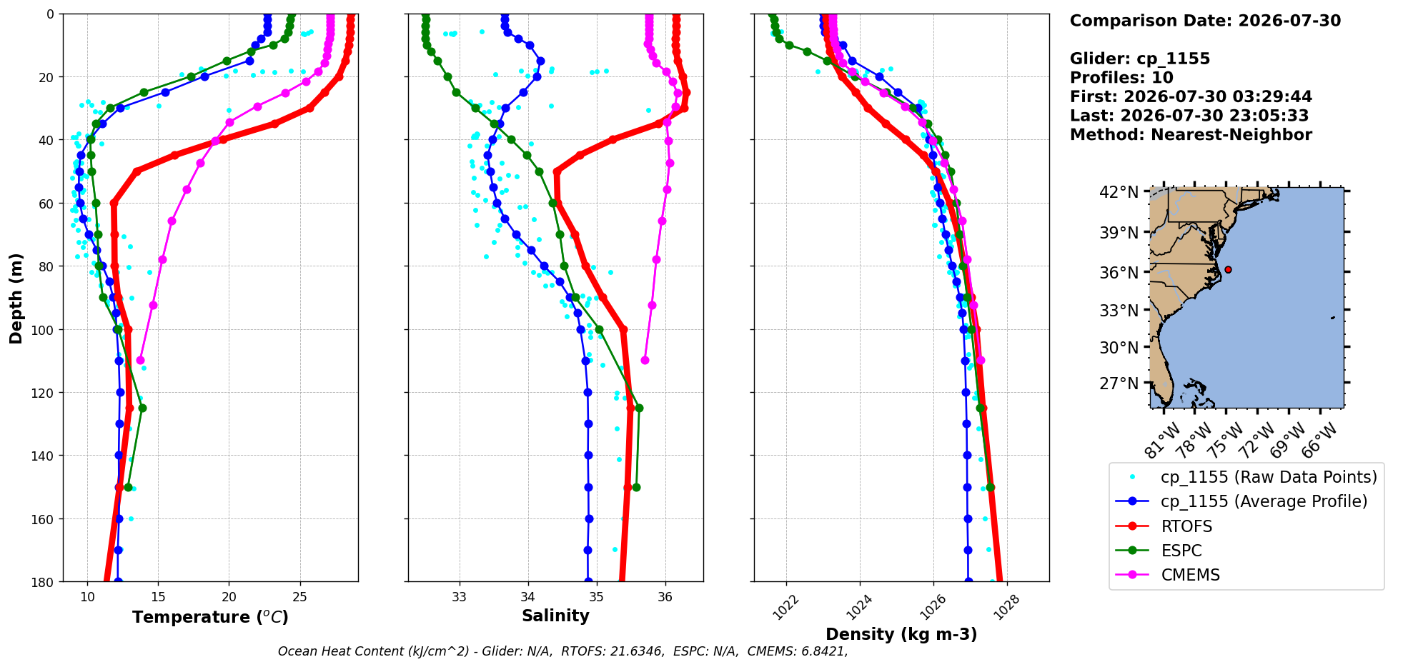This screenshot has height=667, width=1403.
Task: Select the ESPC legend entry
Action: [1159, 551]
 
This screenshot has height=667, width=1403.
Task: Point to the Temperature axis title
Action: [210, 617]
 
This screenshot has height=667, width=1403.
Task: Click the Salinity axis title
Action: [555, 616]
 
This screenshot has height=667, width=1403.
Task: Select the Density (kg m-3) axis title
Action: [901, 634]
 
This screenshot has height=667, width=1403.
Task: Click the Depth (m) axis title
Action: [16, 298]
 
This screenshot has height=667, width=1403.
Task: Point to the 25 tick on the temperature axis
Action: [300, 597]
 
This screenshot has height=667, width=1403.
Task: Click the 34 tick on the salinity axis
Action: [527, 597]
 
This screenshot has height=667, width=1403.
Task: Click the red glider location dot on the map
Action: [1228, 269]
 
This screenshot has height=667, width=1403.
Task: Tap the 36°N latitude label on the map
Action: [1119, 272]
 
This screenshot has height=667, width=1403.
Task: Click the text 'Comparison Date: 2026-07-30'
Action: [1205, 21]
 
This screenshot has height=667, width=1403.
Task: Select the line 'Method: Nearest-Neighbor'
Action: [1191, 135]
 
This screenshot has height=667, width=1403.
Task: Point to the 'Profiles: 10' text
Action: [1121, 78]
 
